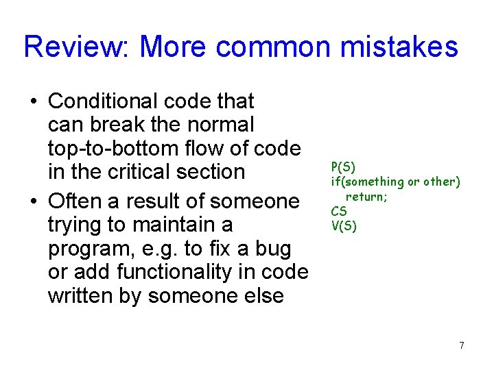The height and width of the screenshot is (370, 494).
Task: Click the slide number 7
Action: tap(462, 345)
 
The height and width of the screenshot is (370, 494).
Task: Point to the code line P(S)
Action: tap(343, 166)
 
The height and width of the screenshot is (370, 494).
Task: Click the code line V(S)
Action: tap(344, 226)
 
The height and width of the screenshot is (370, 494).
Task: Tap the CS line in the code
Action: tap(339, 212)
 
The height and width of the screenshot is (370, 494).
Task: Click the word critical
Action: tap(138, 171)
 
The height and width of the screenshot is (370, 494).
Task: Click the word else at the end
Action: tap(263, 295)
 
